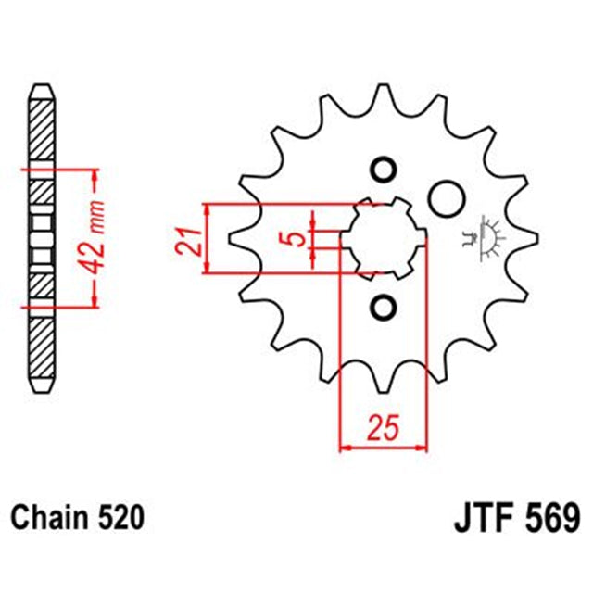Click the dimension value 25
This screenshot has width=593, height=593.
(x=384, y=428)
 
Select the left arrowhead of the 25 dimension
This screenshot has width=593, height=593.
(x=345, y=448)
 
